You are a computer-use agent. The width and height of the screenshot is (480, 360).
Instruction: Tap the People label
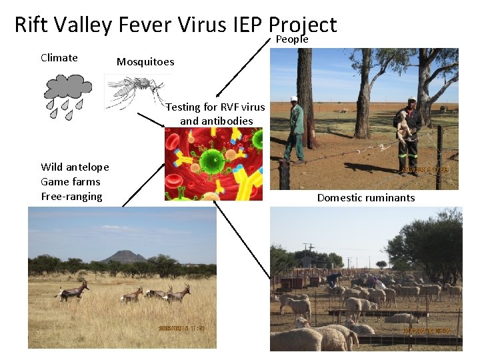click(x=291, y=40)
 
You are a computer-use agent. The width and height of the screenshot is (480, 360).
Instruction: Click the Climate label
click(x=59, y=57)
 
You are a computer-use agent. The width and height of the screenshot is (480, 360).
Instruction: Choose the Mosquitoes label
click(x=145, y=62)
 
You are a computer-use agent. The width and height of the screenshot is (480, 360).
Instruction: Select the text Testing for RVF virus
click(x=215, y=107)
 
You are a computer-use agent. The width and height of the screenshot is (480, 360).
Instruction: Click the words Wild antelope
click(x=75, y=167)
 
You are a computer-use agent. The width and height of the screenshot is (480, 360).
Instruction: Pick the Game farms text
click(x=70, y=181)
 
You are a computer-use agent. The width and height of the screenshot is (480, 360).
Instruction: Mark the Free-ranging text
click(x=71, y=196)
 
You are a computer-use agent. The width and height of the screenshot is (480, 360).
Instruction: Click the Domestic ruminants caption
click(x=365, y=197)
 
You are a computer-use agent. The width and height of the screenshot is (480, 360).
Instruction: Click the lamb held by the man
click(x=404, y=124)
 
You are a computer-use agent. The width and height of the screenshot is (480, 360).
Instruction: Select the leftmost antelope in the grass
click(x=73, y=291)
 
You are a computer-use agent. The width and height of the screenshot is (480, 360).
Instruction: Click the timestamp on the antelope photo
click(x=183, y=328)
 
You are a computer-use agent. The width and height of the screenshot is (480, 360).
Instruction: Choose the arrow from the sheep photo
click(x=243, y=239)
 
